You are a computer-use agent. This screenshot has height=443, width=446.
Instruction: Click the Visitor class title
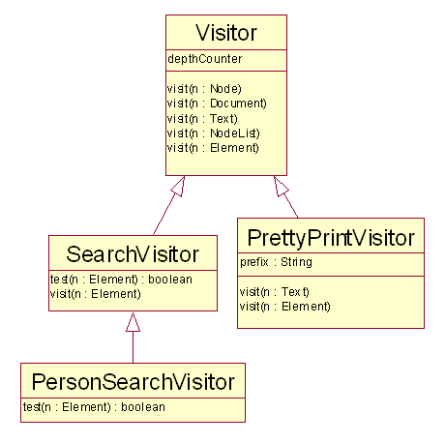[x=226, y=33]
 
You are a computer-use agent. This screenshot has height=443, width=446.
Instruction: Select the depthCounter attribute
[x=205, y=59]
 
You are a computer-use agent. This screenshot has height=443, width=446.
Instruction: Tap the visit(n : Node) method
[x=204, y=89]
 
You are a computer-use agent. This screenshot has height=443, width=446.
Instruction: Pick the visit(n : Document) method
[x=217, y=103]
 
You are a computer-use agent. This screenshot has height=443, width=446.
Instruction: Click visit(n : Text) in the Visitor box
[x=202, y=119]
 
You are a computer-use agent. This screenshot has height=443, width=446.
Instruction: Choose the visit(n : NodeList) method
[x=213, y=133]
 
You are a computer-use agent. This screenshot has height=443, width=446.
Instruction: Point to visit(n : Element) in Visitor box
[x=213, y=148]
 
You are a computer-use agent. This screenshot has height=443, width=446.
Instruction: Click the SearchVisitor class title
[x=133, y=254]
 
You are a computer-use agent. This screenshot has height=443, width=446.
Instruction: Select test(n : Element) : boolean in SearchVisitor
[x=121, y=280]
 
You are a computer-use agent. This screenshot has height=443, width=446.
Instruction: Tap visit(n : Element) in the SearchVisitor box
[x=96, y=294]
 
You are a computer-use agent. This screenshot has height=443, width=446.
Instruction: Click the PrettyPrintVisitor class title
[x=331, y=238]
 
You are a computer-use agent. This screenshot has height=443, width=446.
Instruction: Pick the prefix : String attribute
[x=276, y=262]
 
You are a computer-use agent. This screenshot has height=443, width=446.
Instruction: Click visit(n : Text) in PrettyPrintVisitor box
[x=275, y=292]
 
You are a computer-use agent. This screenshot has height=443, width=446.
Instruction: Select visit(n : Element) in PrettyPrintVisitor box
[x=285, y=307]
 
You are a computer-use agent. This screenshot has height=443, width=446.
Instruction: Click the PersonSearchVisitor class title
[x=133, y=382]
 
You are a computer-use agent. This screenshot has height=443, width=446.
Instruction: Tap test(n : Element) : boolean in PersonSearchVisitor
[x=94, y=407]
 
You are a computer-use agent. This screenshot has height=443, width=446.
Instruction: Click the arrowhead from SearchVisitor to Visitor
[x=179, y=186]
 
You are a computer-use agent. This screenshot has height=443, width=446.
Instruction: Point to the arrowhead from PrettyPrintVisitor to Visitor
[x=280, y=186]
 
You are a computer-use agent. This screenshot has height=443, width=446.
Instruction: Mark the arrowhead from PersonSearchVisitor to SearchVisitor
[x=133, y=322]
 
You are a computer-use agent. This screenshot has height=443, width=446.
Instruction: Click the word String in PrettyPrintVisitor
[x=296, y=262]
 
